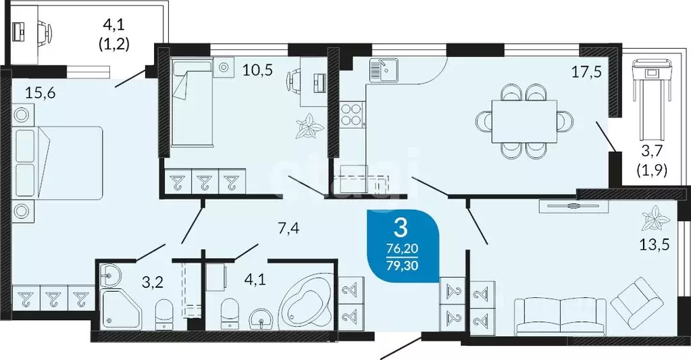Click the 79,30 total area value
tap(401, 264)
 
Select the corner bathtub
tap(305, 301)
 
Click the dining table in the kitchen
tap(523, 121)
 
